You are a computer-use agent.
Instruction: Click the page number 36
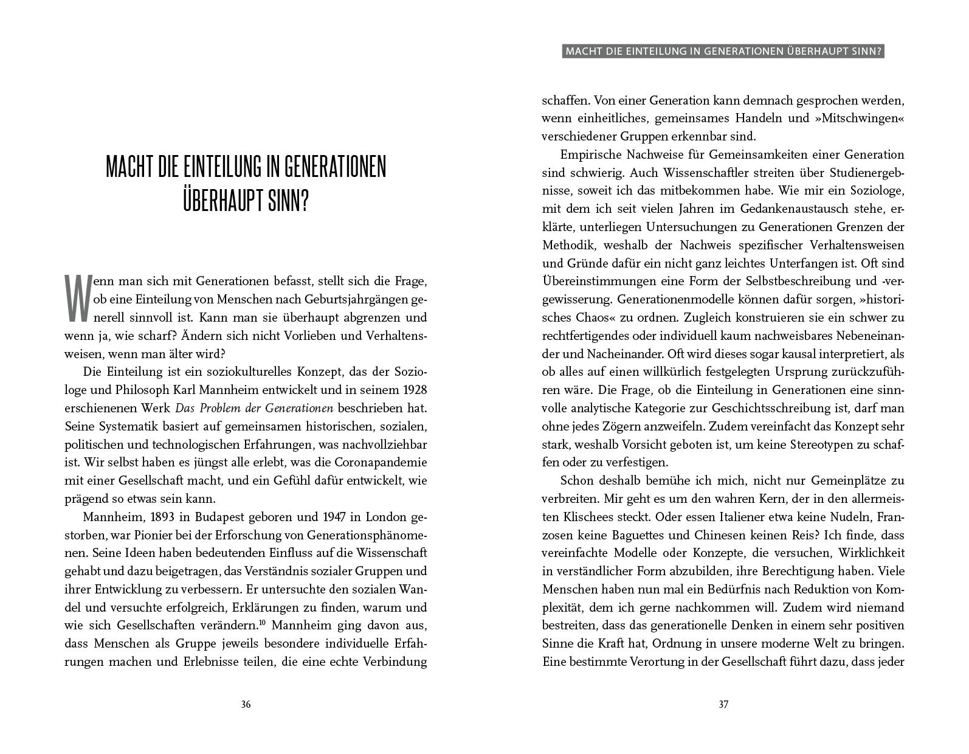(246, 705)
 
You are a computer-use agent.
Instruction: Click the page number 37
(723, 705)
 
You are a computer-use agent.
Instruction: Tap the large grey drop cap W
(78, 299)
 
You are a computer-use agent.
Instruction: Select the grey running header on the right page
(723, 52)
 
